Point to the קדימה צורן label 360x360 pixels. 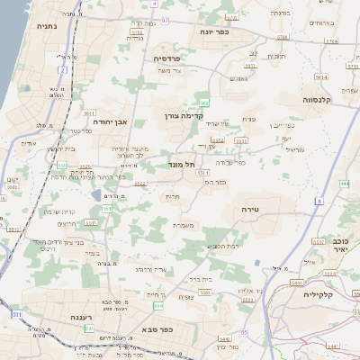(x=185, y=116)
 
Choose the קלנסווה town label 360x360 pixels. (x=320, y=100)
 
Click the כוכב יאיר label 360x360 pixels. (x=340, y=246)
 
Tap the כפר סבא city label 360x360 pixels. (x=157, y=331)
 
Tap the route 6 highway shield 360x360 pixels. (x=318, y=202)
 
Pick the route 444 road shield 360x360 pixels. (x=346, y=184)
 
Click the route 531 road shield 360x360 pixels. (x=17, y=314)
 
